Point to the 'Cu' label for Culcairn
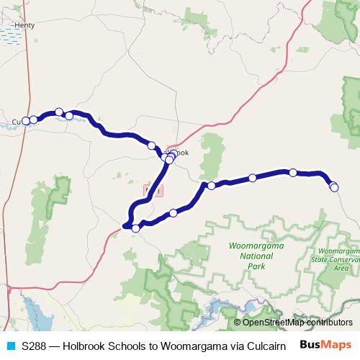point(17,121)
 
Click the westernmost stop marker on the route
point(26,121)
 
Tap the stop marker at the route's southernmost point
point(135,228)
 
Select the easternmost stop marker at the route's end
point(335,187)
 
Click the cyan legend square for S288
point(10,346)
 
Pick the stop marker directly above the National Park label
point(252,178)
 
